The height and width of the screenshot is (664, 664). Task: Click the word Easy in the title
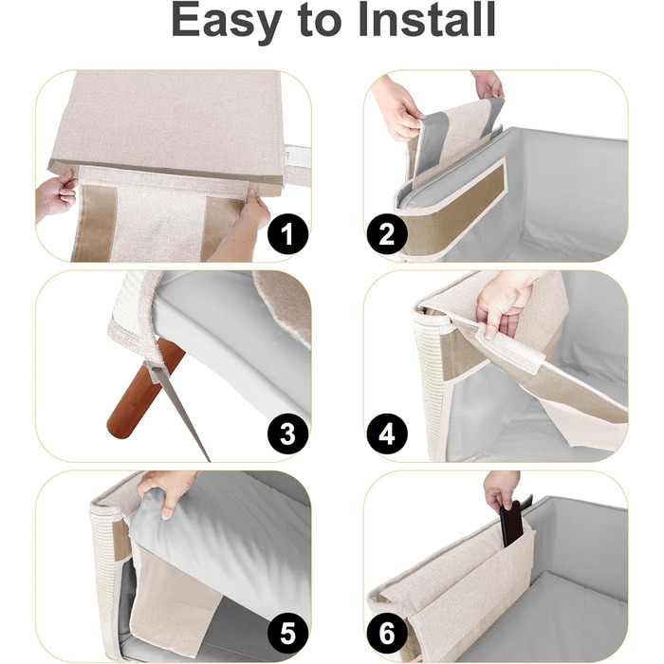click(227, 21)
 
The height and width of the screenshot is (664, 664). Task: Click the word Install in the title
click(427, 20)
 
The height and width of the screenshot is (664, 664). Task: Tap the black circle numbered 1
click(287, 233)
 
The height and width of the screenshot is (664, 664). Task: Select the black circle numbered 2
click(387, 233)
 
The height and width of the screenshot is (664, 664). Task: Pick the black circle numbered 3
click(287, 434)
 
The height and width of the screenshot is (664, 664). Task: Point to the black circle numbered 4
click(387, 434)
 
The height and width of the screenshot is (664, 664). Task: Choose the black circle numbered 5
click(287, 634)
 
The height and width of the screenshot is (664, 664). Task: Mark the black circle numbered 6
click(387, 634)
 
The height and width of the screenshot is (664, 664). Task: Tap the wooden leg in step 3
click(144, 390)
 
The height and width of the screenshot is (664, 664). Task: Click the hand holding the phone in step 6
click(501, 489)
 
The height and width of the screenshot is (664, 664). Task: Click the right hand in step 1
click(241, 225)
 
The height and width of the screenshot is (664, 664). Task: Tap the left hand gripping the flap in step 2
click(396, 108)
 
